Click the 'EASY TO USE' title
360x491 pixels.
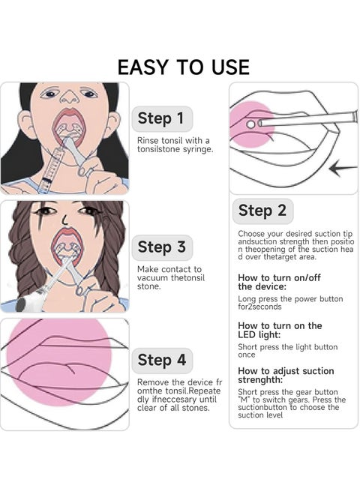coord(183,67)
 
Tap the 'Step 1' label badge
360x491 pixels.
coord(162,118)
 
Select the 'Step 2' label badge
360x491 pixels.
coord(262,211)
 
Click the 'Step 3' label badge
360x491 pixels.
coord(162,247)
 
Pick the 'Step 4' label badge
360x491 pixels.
coord(162,361)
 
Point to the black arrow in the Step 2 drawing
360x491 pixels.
coord(343,169)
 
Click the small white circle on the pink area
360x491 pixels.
coord(250,124)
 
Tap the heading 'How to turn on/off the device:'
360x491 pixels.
coord(279,282)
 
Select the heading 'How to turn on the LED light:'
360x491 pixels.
coord(280,330)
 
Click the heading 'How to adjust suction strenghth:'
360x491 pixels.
coord(286,375)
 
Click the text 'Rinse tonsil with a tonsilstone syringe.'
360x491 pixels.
coord(175,145)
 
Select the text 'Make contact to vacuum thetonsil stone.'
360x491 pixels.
coord(171,278)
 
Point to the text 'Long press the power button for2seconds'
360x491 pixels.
coord(290,303)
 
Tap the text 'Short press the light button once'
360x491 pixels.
coord(287,351)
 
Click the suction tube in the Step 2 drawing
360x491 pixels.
coord(307,120)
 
